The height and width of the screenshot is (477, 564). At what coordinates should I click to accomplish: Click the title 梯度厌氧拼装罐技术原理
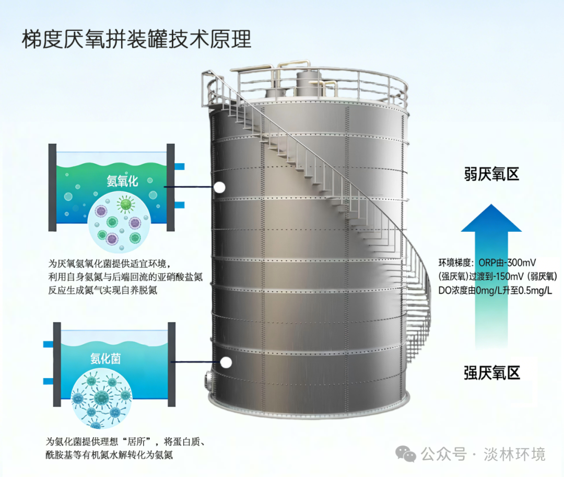coord(136,39)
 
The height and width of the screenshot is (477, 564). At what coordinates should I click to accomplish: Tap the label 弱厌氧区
coord(491,174)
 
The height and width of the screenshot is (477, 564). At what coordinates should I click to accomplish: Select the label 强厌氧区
coord(492,372)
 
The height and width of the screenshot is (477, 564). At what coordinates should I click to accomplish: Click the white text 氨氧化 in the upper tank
coord(122,181)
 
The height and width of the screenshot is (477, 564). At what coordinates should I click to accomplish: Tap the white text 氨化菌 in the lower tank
coord(105,358)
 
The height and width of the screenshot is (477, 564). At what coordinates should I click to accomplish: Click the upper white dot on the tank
coord(220,187)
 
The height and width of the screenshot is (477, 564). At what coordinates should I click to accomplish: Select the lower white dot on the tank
coord(226,362)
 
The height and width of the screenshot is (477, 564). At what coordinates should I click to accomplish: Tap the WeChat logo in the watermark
coord(406,453)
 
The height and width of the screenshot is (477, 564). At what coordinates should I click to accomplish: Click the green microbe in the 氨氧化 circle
coord(125,204)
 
